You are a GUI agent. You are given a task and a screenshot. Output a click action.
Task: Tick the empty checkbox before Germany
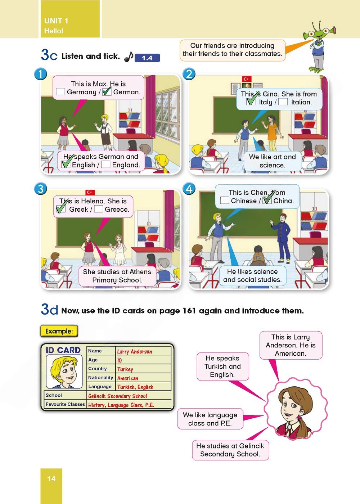click(60, 91)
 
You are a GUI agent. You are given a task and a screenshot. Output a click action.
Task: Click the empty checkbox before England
click(105, 165)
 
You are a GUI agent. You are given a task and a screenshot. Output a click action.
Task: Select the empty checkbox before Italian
click(283, 102)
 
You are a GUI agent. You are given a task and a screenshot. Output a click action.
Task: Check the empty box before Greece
click(98, 209)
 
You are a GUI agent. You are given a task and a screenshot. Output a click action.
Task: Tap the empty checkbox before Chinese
click(225, 200)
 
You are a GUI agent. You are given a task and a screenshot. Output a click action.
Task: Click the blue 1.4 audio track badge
click(147, 58)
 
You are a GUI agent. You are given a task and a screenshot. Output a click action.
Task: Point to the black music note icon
click(129, 57)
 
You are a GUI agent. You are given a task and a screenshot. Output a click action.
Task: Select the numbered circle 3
click(40, 189)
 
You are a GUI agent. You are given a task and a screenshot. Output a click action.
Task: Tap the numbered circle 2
click(189, 74)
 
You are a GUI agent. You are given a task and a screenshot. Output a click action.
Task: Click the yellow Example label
click(59, 331)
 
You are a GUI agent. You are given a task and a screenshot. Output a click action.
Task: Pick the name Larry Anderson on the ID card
click(134, 351)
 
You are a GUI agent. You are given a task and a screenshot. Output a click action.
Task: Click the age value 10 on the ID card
click(119, 360)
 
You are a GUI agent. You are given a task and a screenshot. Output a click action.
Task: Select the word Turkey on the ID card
click(125, 369)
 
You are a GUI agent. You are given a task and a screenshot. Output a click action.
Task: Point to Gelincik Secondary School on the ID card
click(117, 396)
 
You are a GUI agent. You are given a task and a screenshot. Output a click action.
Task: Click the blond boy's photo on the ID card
click(64, 372)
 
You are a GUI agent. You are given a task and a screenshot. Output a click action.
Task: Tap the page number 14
click(51, 478)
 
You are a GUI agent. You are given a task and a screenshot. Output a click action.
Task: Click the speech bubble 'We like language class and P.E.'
click(210, 419)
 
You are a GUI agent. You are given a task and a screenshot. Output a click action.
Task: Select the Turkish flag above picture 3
click(90, 192)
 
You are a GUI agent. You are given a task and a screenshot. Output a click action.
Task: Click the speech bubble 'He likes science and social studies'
click(252, 276)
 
